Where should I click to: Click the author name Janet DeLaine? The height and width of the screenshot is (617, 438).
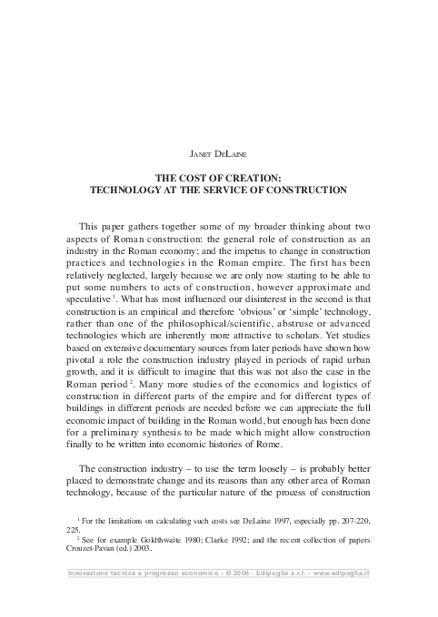(218, 156)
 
